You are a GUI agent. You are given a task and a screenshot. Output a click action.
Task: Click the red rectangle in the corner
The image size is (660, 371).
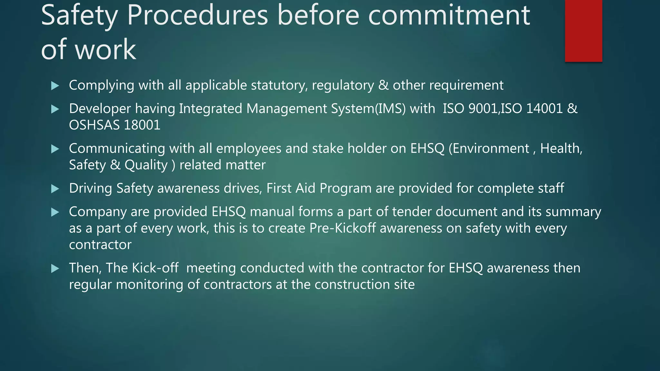583,31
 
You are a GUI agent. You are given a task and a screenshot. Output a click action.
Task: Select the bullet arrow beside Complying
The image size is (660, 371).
55,86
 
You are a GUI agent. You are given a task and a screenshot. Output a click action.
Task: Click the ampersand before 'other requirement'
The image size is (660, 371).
383,85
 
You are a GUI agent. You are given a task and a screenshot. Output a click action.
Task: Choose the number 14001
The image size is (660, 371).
544,109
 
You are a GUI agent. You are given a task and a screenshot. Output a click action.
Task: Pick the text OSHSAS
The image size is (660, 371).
94,125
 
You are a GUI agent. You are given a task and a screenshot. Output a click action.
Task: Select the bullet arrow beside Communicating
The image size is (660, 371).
55,149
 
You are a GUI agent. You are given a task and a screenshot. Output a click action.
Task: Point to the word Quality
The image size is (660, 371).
146,165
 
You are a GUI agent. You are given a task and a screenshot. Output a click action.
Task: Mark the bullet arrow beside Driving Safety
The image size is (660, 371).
55,189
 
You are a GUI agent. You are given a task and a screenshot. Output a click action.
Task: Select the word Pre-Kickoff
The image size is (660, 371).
343,228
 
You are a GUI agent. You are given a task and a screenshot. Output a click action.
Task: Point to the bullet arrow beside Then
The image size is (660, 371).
55,269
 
